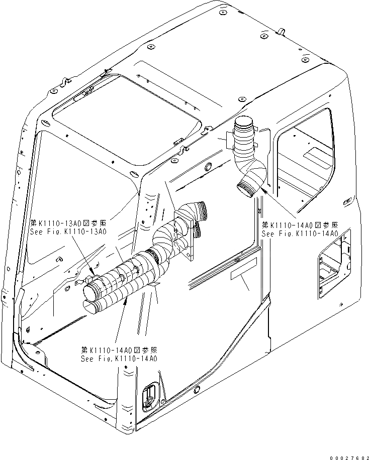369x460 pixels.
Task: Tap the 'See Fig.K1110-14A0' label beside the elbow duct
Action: pyautogui.click(x=300, y=234)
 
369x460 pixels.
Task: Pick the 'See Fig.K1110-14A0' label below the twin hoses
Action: pyautogui.click(x=119, y=359)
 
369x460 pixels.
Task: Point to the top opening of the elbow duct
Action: pyautogui.click(x=245, y=123)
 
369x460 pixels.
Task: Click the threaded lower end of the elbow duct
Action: pyautogui.click(x=245, y=189)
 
